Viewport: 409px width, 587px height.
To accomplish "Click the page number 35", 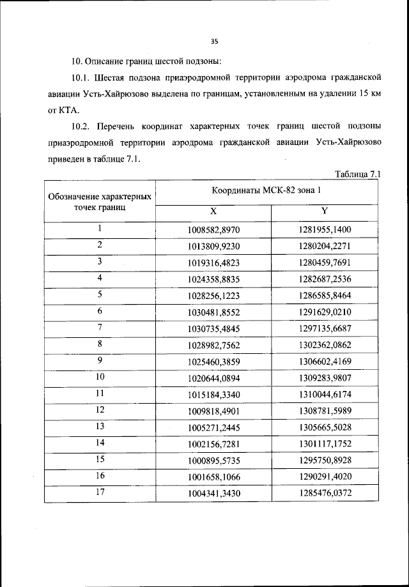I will [x=214, y=42].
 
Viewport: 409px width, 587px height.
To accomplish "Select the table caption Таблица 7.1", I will [x=358, y=174].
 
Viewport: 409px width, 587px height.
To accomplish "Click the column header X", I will [x=213, y=212].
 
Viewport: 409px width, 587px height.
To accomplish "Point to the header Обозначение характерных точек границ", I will [x=100, y=202].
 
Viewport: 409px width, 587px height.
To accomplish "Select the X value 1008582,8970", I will [x=215, y=230].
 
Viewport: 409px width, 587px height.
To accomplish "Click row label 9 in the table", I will [x=100, y=361].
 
